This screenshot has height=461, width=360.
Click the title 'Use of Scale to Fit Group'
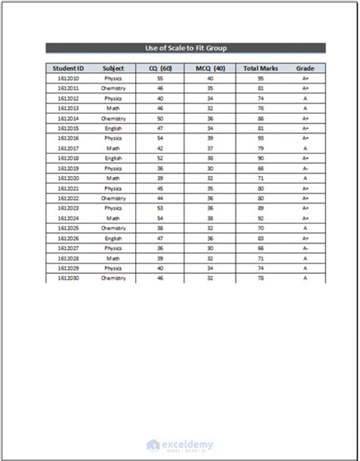185,48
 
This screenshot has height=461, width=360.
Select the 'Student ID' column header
68,68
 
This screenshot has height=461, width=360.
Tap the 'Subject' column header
113,68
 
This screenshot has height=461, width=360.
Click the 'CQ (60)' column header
160,68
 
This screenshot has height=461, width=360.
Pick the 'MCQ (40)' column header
209,68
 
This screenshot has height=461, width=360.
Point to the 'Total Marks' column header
261,68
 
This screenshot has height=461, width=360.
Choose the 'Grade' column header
305,68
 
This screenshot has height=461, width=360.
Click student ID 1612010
68,78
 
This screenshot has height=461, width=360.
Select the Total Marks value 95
261,78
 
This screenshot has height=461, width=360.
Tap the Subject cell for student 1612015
113,128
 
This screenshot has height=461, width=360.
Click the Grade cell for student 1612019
305,169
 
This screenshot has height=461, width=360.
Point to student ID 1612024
68,218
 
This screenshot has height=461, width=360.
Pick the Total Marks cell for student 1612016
261,138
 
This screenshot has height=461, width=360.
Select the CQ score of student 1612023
160,208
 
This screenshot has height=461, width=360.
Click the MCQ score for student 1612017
209,148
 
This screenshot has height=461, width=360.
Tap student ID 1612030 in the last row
68,278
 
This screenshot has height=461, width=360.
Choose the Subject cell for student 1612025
113,228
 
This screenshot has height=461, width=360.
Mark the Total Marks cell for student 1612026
261,238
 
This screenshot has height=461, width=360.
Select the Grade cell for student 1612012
305,98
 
